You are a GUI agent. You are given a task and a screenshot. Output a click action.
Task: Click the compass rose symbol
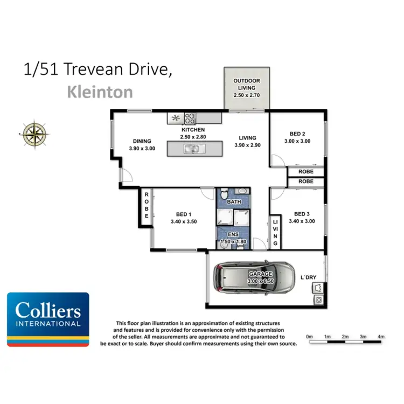tap(34, 133)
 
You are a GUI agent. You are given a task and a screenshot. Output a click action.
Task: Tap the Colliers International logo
tap(48, 319)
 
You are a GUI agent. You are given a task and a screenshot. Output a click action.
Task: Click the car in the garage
tap(253, 277)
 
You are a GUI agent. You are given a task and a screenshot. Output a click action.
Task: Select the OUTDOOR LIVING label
tap(246, 84)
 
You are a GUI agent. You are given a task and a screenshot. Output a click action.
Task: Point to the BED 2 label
tap(297, 134)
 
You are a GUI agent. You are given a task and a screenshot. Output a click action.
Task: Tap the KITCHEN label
tap(193, 130)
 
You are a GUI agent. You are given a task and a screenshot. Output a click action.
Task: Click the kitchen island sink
tap(192, 149)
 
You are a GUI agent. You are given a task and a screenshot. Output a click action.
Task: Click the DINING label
tap(142, 141)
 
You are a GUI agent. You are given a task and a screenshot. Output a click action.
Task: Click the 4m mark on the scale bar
tap(381, 337)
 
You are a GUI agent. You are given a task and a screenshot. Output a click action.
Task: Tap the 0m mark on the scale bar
tap(309, 337)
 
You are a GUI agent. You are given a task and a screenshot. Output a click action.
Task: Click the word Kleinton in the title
tap(100, 92)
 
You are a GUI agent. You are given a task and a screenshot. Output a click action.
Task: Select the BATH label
tap(234, 202)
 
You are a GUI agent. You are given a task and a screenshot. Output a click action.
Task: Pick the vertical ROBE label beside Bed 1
tap(146, 205)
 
